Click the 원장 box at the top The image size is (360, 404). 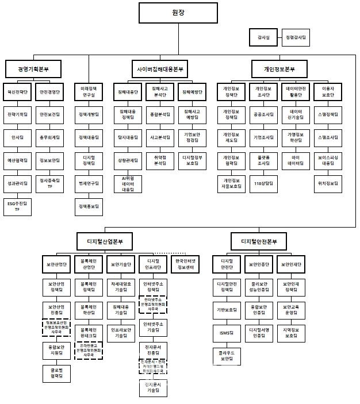(x=178, y=12)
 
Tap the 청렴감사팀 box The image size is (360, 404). (x=296, y=38)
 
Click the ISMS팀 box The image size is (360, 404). (x=227, y=333)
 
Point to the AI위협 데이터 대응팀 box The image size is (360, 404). (x=127, y=184)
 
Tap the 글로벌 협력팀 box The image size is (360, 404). (x=56, y=374)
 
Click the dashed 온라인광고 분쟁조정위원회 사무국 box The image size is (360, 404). (x=89, y=351)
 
